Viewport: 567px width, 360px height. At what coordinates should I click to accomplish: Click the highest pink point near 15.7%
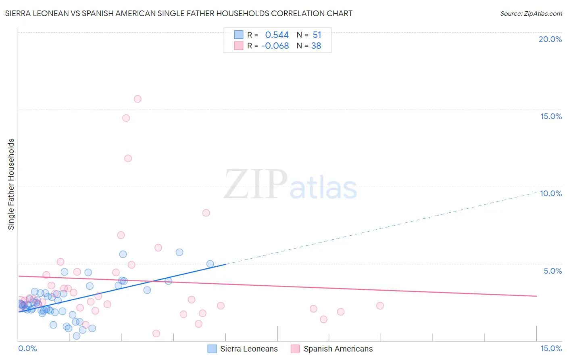138,99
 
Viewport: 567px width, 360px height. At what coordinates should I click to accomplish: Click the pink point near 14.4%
126,118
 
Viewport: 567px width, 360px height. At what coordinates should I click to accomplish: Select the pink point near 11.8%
128,158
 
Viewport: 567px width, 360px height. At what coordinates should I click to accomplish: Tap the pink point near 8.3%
206,213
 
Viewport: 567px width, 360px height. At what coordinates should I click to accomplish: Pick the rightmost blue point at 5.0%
210,264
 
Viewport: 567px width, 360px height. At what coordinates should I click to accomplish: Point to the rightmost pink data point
380,306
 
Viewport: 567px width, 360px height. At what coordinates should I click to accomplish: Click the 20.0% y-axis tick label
550,39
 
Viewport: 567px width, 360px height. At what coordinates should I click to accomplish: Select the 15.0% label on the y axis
551,116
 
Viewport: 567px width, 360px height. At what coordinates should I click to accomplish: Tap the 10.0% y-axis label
551,193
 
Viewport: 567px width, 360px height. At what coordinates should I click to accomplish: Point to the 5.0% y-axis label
552,271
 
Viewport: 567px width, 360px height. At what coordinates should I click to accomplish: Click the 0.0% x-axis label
28,348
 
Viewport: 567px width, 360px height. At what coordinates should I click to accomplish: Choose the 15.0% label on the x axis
551,348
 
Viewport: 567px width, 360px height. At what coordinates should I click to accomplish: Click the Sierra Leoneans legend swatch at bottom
212,349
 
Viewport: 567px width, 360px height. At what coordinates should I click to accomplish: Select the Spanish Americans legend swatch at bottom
295,349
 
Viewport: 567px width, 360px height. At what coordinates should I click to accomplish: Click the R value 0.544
277,35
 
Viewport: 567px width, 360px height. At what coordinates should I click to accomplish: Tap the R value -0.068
275,46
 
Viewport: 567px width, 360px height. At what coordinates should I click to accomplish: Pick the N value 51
317,35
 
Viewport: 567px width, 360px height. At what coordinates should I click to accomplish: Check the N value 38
316,46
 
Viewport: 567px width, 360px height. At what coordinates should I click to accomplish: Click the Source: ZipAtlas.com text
531,14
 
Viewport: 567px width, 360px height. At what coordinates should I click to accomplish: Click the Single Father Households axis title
11,184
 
